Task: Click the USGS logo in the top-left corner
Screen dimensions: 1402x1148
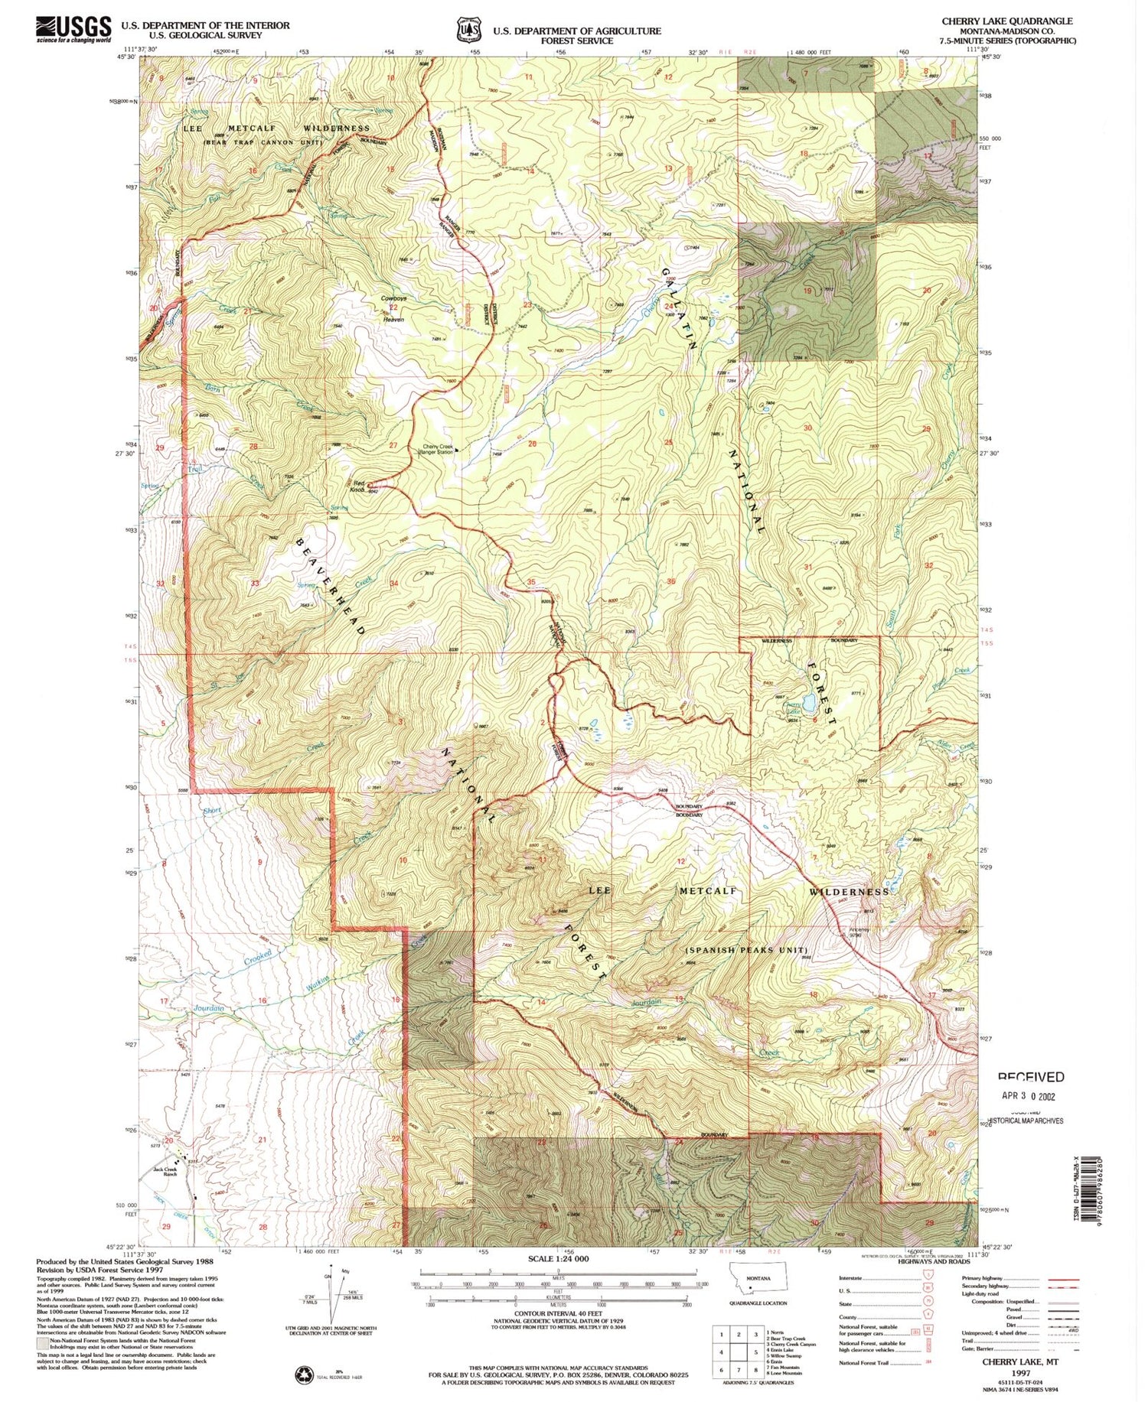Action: tap(73, 29)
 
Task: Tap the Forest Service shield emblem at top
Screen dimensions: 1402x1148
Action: tap(468, 29)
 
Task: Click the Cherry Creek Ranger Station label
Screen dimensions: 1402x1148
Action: tap(439, 450)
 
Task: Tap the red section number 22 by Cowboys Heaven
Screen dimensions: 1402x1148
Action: tap(393, 307)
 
